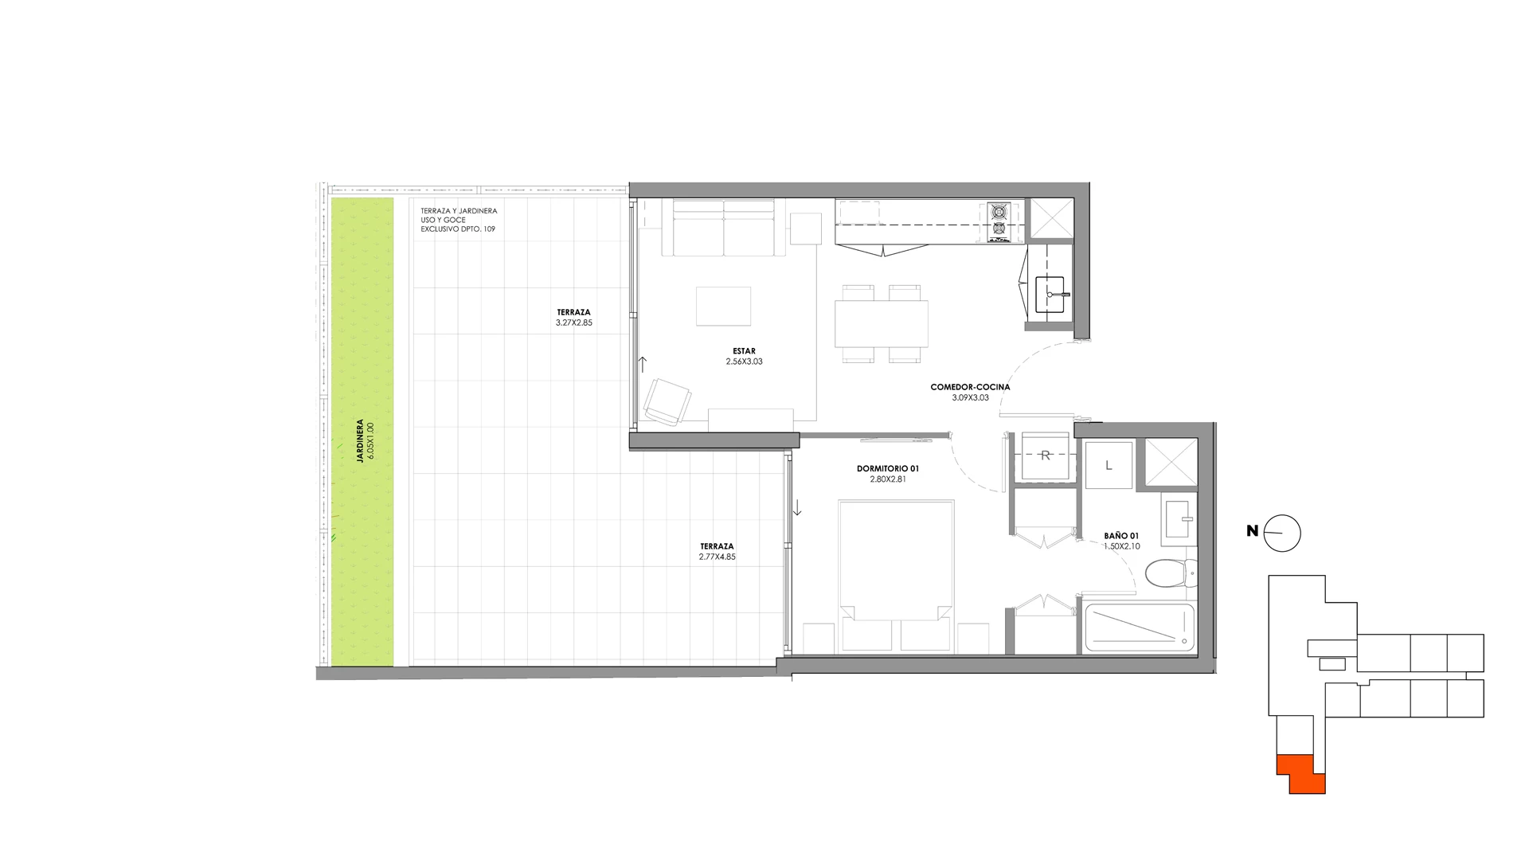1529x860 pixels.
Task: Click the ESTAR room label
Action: pyautogui.click(x=744, y=351)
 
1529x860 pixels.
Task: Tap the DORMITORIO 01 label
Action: pyautogui.click(x=887, y=469)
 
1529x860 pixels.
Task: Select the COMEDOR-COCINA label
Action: pyautogui.click(x=970, y=387)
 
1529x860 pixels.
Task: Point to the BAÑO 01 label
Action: pyautogui.click(x=1121, y=536)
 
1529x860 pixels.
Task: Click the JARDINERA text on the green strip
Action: pyautogui.click(x=361, y=441)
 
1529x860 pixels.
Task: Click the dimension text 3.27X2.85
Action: pyautogui.click(x=574, y=323)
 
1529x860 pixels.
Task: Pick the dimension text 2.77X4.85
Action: pyautogui.click(x=717, y=557)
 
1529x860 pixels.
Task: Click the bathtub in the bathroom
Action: pyautogui.click(x=1140, y=627)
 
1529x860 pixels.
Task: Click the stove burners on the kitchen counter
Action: pyautogui.click(x=999, y=221)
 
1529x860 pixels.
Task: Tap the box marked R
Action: pyautogui.click(x=1046, y=456)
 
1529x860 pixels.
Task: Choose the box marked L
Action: pyautogui.click(x=1109, y=466)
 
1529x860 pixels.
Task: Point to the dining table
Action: pyautogui.click(x=882, y=324)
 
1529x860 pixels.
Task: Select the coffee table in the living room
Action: pyautogui.click(x=723, y=307)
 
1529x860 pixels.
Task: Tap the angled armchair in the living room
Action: pyautogui.click(x=667, y=401)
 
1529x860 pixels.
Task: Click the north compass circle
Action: pyautogui.click(x=1282, y=534)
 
